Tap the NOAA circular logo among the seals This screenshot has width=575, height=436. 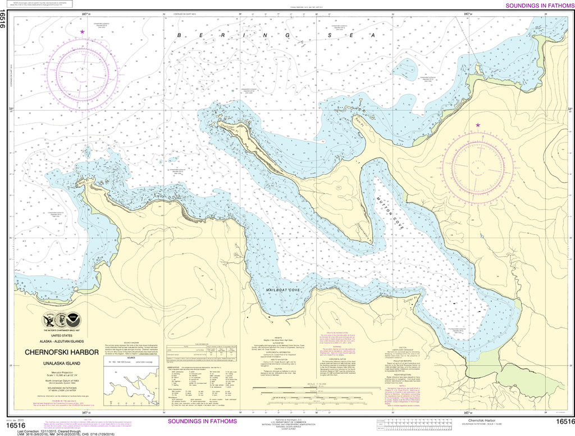coord(72,321)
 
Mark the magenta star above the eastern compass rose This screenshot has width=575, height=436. coord(478,125)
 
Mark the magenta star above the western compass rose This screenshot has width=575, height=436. coord(83,32)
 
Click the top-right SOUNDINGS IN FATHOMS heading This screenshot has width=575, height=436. coord(540,6)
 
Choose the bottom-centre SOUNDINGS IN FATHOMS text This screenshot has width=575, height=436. coord(203,421)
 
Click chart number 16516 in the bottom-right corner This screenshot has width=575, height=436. coord(563,421)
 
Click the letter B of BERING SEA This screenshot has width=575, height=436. coord(180,35)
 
